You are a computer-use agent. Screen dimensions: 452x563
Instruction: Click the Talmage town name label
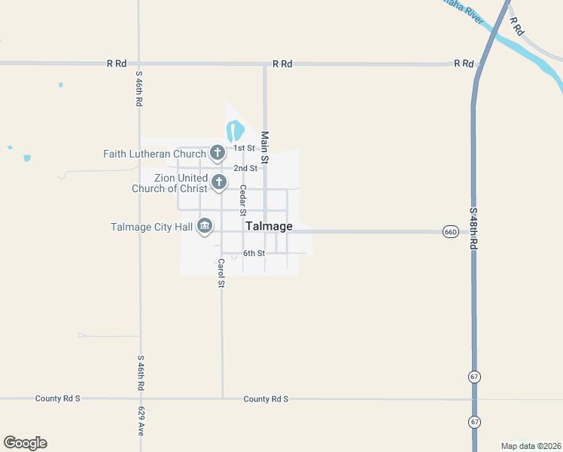tap(269, 226)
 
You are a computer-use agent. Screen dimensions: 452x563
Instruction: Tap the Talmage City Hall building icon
tap(205, 226)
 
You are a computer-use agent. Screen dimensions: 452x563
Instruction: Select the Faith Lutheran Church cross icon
tap(217, 154)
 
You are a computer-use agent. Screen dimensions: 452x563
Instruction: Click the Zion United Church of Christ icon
tap(219, 182)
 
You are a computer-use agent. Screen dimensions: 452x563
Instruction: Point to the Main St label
tap(264, 148)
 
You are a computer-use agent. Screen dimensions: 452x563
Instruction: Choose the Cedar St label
tap(243, 201)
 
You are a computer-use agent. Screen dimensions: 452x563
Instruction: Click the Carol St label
tap(221, 273)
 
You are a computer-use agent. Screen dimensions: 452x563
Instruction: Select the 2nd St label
tap(245, 168)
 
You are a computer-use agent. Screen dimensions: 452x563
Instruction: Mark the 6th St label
tap(254, 253)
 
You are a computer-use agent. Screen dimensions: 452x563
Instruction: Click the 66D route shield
tap(450, 231)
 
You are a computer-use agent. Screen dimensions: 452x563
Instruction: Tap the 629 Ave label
tap(141, 422)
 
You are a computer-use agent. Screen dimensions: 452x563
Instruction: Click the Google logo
tap(26, 443)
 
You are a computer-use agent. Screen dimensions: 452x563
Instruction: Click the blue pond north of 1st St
tap(234, 131)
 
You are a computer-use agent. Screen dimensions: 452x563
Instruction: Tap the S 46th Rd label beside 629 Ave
tap(141, 372)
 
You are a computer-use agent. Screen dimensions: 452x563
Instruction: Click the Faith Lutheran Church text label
tap(154, 154)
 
